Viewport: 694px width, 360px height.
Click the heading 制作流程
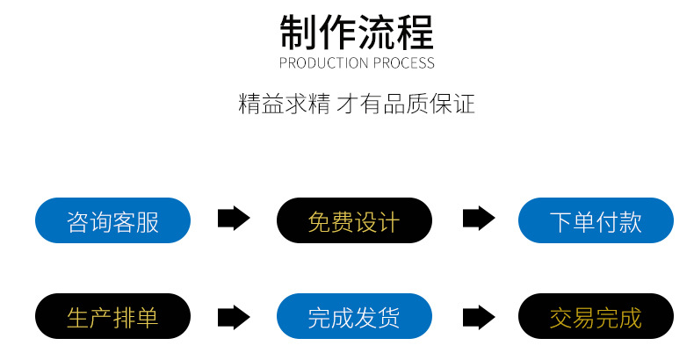click(356, 32)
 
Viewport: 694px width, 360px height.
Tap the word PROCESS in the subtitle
click(403, 63)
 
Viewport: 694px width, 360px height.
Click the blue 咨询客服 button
click(112, 220)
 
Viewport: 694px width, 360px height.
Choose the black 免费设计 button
click(354, 220)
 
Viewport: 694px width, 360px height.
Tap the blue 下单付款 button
click(596, 220)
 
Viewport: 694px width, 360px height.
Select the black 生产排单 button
click(112, 316)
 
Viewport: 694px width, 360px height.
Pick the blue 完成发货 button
click(354, 316)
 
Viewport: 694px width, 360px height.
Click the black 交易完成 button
click(596, 316)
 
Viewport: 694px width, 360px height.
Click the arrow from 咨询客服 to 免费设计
click(234, 220)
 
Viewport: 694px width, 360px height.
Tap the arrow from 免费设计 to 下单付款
click(479, 220)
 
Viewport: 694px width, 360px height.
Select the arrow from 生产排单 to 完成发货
click(234, 316)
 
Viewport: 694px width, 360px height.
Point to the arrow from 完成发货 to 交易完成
click(479, 316)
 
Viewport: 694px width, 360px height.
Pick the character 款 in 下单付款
click(631, 221)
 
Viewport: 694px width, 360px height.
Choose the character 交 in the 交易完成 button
click(561, 317)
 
